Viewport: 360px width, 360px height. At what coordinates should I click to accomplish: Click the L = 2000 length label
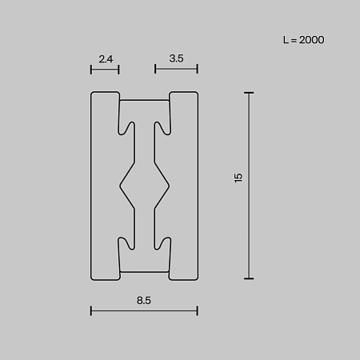pos(303,39)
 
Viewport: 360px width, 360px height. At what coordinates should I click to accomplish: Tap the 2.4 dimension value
pos(105,58)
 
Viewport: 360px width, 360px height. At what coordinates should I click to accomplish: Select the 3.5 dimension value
pos(177,58)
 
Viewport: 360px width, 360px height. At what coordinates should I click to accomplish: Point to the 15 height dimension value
pos(238,178)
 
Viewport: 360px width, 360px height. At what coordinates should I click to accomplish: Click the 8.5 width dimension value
pos(144,300)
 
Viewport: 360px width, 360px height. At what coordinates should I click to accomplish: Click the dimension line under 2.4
pos(105,70)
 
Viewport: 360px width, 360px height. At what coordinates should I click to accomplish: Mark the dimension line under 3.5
pos(177,70)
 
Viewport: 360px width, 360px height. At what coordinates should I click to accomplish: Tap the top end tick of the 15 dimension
pos(249,93)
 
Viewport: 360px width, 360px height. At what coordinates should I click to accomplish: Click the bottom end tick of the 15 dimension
pos(249,278)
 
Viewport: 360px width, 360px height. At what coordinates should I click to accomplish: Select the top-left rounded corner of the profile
pos(94,95)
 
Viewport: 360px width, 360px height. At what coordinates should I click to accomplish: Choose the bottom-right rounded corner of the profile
pos(195,277)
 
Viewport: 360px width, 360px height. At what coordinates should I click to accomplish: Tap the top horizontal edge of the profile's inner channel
pos(144,100)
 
